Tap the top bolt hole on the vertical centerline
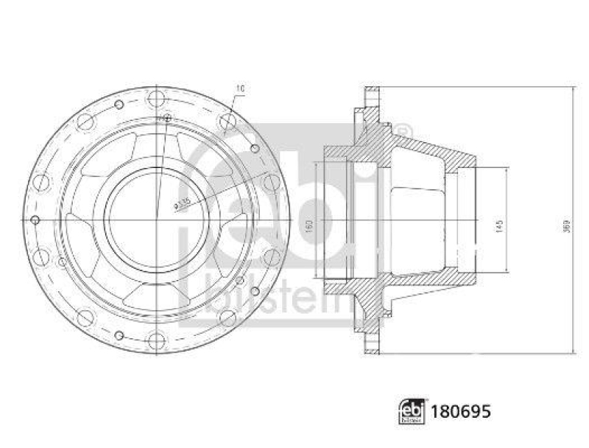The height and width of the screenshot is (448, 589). (x=156, y=98)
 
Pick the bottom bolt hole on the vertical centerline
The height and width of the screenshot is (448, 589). (x=156, y=341)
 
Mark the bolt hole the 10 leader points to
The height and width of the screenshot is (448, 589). (x=228, y=119)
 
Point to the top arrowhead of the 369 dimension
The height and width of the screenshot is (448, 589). (x=574, y=91)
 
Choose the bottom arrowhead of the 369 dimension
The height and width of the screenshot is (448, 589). (x=574, y=350)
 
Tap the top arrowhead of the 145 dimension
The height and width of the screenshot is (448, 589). (x=507, y=170)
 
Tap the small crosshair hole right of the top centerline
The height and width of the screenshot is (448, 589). (x=168, y=117)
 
